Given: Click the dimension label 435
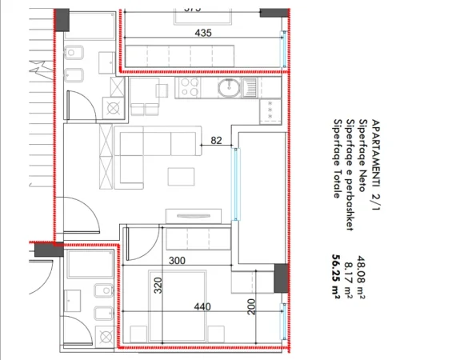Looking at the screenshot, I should [203, 33].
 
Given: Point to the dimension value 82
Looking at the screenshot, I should [216, 140].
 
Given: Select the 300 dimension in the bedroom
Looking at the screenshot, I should [177, 261].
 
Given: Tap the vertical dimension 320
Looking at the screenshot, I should [158, 286].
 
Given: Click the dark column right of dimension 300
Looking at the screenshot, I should [280, 278].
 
